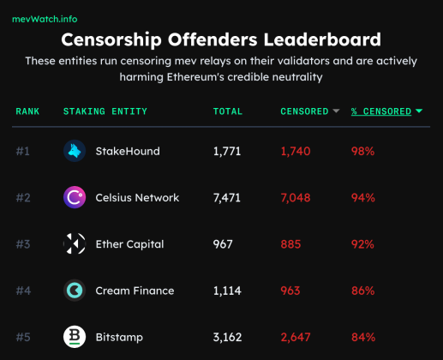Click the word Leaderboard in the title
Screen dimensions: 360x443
(x=320, y=39)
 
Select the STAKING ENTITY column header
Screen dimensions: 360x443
(x=105, y=111)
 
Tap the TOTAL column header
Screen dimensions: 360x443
(x=228, y=111)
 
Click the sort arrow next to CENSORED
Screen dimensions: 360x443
(x=337, y=111)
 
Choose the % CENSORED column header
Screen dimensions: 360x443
(x=381, y=111)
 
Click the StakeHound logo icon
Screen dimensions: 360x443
(x=75, y=151)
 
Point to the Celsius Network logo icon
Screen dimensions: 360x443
(x=75, y=198)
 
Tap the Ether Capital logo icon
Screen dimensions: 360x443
(x=75, y=244)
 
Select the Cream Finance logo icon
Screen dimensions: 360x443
(x=75, y=291)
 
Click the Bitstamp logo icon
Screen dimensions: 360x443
(x=75, y=337)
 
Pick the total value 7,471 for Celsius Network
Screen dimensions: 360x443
(x=229, y=198)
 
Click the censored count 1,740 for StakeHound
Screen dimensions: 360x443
(x=296, y=152)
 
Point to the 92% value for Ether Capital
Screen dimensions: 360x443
(x=362, y=244)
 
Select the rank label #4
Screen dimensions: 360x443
(x=23, y=291)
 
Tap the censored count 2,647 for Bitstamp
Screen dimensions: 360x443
(x=296, y=337)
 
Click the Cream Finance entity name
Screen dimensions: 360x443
(x=135, y=291)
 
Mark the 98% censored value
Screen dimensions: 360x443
(x=362, y=152)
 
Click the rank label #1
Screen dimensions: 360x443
(x=23, y=152)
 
